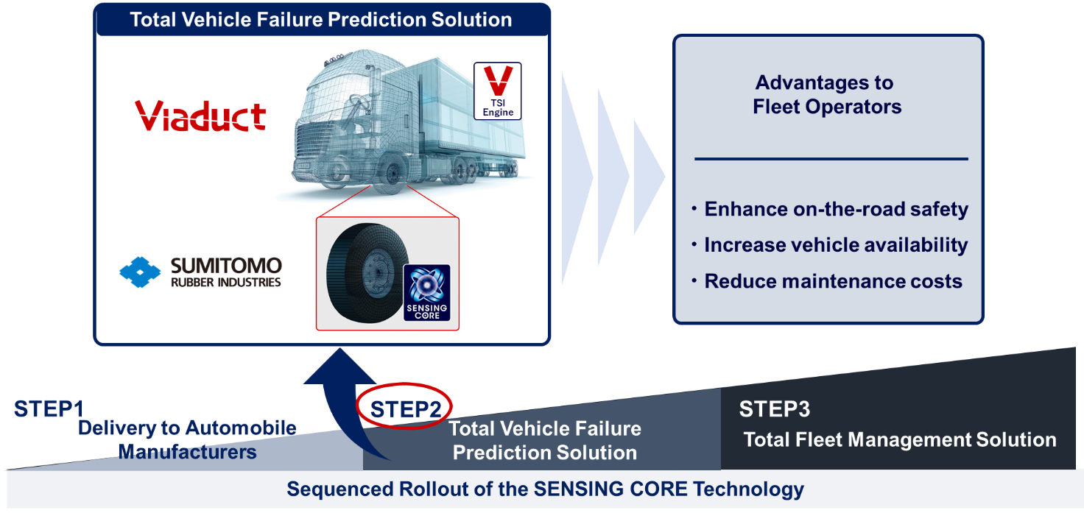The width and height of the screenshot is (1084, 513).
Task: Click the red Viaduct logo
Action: click(x=200, y=116)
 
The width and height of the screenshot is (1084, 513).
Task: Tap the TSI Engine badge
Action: click(x=498, y=91)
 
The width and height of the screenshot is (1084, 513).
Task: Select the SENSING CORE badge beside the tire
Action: click(x=427, y=293)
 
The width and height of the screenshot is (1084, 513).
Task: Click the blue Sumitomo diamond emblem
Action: click(x=140, y=272)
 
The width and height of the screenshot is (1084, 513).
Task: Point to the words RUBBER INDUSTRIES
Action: click(x=225, y=282)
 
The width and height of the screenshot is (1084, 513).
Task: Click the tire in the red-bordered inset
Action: click(x=367, y=272)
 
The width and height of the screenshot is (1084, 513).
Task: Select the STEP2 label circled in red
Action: click(x=406, y=409)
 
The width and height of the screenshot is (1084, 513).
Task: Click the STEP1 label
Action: click(x=49, y=409)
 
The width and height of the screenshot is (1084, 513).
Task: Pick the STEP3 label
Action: click(x=774, y=409)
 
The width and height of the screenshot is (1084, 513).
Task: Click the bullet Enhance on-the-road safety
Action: click(x=831, y=209)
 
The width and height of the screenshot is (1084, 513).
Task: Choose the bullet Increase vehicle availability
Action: click(x=830, y=244)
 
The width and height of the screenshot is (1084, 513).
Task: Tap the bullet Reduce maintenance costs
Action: click(x=827, y=281)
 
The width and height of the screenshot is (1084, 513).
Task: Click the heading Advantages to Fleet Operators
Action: click(x=827, y=95)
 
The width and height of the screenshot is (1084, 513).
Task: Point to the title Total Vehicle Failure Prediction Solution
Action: click(x=321, y=20)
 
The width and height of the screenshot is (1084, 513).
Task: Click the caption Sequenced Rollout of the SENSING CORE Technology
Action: click(x=546, y=489)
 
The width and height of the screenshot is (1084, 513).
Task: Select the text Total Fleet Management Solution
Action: click(x=900, y=439)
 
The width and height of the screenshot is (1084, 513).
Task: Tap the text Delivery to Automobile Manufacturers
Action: click(x=187, y=440)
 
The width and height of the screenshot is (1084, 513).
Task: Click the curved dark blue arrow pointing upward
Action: click(x=334, y=401)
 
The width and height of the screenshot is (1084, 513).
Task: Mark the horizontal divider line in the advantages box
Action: click(x=831, y=158)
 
